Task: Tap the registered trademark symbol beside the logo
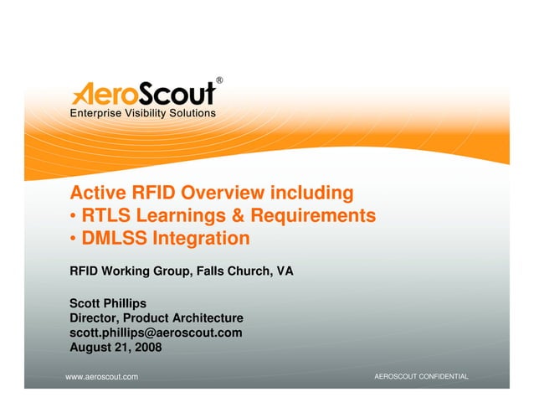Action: click(x=219, y=80)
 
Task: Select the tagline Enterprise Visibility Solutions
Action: click(x=142, y=113)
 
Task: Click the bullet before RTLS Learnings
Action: click(x=74, y=217)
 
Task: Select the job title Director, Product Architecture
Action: click(x=157, y=318)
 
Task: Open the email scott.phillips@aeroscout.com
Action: click(x=156, y=333)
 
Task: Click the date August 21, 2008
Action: click(x=116, y=347)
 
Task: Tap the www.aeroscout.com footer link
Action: click(x=102, y=378)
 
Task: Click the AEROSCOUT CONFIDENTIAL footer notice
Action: click(x=421, y=377)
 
